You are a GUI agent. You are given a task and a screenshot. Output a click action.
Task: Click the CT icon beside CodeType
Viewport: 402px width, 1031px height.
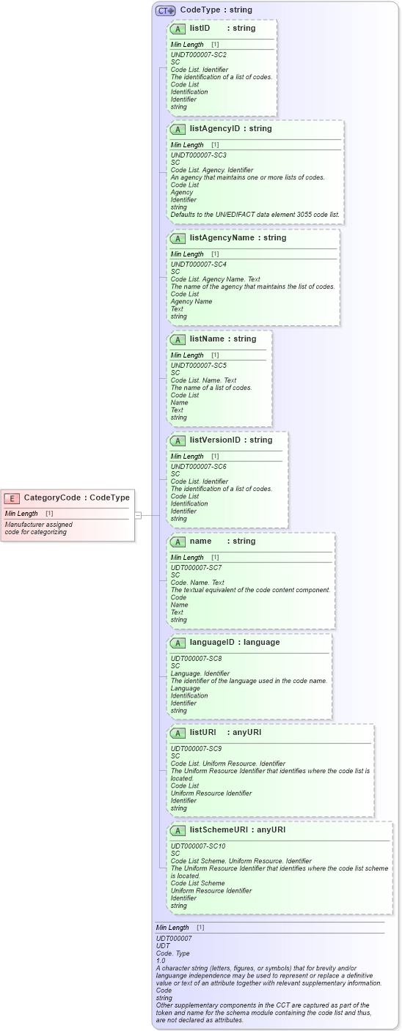pos(165,10)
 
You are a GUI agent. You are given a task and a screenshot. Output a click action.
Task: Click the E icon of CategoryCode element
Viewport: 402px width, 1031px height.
pos(12,498)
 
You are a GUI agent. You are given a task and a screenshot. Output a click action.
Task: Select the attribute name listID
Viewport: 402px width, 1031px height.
pos(200,29)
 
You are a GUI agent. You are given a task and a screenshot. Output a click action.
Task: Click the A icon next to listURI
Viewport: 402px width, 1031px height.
pos(177,733)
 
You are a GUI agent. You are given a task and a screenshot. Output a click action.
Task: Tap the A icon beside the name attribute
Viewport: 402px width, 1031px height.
pos(177,542)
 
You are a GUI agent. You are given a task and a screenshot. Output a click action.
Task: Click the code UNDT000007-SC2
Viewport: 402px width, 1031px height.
pos(198,55)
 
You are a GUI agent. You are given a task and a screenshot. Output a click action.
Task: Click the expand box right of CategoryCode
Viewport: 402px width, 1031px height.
pos(138,516)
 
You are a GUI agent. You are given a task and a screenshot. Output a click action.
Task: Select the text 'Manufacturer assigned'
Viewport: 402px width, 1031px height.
pos(38,525)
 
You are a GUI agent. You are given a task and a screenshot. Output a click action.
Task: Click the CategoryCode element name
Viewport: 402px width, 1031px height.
pos(51,498)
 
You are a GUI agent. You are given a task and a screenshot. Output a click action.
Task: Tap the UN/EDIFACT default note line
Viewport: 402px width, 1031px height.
pos(255,215)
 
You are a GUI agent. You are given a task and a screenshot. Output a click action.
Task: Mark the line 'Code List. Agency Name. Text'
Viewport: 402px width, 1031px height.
pos(215,279)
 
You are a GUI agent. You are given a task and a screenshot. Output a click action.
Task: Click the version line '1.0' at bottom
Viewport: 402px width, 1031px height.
pos(161,961)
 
